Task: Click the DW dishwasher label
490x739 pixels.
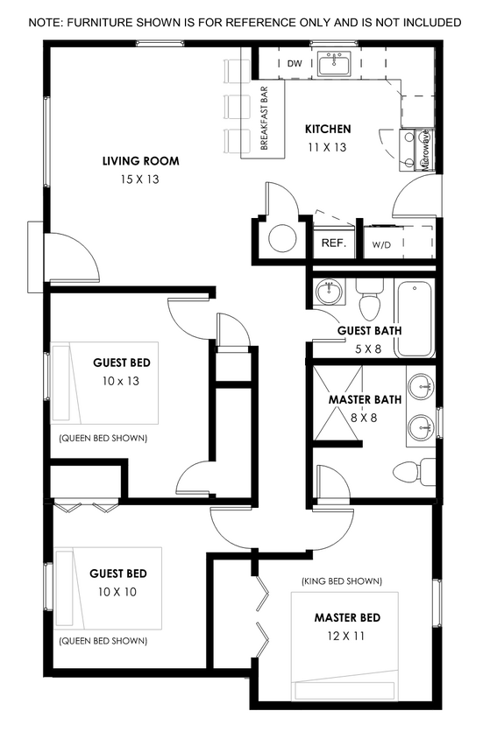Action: click(295, 64)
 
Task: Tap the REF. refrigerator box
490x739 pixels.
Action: click(333, 243)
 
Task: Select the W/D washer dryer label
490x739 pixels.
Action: click(381, 245)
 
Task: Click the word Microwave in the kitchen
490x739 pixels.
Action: click(425, 149)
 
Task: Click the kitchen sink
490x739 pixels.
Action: click(334, 64)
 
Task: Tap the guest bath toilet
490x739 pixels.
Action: click(369, 302)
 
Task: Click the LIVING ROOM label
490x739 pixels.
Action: click(140, 161)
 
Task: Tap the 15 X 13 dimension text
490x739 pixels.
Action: click(140, 179)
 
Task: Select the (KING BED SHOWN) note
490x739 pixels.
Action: click(341, 581)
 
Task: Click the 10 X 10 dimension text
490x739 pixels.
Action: click(118, 592)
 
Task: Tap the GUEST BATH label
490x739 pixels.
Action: click(370, 331)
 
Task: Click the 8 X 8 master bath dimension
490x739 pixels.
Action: click(365, 418)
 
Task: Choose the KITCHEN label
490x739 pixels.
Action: click(328, 130)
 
